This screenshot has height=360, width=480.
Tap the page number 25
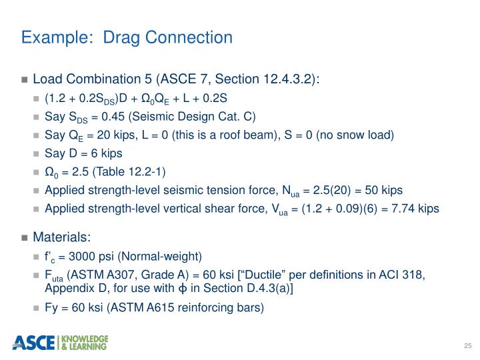point(467,345)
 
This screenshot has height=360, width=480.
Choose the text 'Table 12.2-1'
point(119,172)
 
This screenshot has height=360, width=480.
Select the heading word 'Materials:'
point(62,237)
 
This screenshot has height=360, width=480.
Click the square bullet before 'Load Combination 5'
point(25,81)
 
